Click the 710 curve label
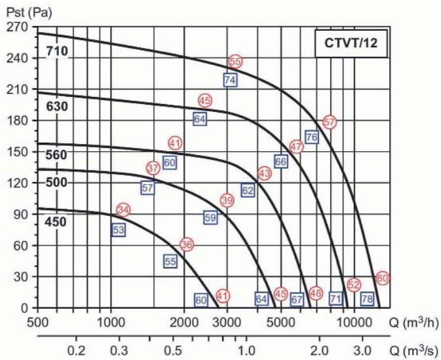(57, 51)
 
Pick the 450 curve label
(57, 221)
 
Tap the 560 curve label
(57, 154)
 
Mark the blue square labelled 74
(230, 80)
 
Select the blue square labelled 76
(311, 137)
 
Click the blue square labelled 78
(367, 299)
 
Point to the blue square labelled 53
(119, 230)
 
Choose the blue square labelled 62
(248, 190)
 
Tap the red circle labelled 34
(123, 210)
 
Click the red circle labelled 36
(187, 244)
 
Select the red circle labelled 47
(296, 147)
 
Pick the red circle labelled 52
(354, 285)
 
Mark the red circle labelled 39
(227, 200)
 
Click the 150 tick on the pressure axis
(18, 152)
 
